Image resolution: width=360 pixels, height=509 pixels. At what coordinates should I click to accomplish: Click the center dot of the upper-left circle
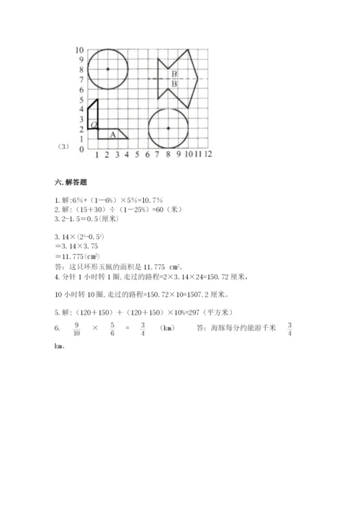[107, 69]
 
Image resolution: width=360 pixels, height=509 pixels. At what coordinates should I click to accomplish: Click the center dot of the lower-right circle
[168, 128]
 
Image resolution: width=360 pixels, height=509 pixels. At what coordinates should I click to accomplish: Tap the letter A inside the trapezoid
[112, 134]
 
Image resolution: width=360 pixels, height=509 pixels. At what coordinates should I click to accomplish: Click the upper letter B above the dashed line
[174, 73]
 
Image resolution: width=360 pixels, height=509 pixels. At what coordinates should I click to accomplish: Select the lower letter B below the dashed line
[174, 84]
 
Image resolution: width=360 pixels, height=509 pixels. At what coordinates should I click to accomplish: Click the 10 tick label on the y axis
[80, 50]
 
